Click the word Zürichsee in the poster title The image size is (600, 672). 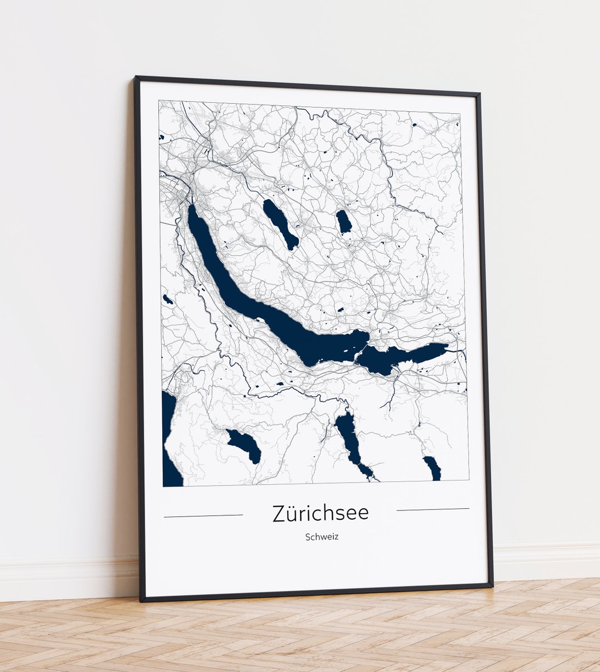[321, 513]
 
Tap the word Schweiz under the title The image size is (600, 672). [322, 537]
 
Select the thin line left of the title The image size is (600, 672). [203, 516]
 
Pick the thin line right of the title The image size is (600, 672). [433, 509]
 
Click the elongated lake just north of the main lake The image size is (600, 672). [281, 224]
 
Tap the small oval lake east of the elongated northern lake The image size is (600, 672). [344, 222]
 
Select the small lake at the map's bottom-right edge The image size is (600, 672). [433, 468]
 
